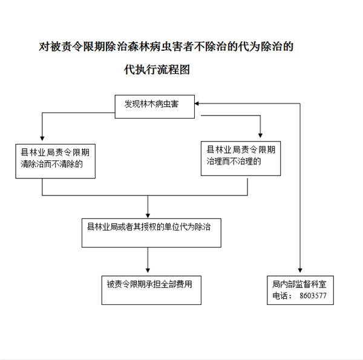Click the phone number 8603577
click(313, 296)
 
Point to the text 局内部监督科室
click(299, 284)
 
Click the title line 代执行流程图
click(157, 70)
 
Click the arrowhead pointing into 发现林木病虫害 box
click(197, 103)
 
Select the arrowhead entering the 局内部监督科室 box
click(300, 270)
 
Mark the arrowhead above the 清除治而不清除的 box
click(42, 139)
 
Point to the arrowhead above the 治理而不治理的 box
click(260, 136)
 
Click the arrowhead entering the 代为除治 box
click(148, 215)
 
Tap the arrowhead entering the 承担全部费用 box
click(148, 270)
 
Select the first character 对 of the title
click(44, 47)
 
